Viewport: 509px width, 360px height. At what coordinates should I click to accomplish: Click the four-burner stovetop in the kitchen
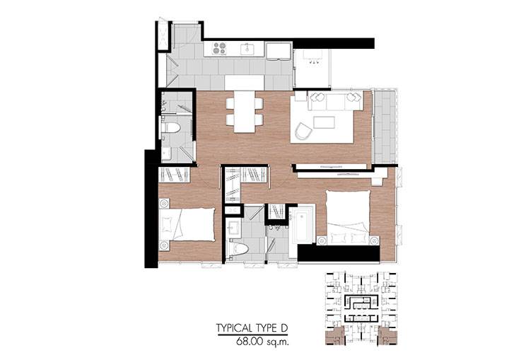coord(219,48)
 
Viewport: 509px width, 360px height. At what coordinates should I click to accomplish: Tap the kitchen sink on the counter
coord(247,49)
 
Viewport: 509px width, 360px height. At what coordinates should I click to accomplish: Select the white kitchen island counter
coord(244,83)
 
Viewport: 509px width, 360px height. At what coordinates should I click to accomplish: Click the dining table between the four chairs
coord(244,112)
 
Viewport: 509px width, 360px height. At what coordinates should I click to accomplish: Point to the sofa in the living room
coord(335,101)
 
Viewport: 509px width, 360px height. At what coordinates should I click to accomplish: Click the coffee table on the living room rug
coord(324,122)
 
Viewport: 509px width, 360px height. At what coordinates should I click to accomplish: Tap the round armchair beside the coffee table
coord(303,132)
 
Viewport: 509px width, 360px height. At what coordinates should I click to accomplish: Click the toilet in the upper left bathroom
coord(171,127)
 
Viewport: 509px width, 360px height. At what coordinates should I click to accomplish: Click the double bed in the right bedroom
coord(349,217)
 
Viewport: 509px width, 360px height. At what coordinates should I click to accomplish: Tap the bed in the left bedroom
coord(187,224)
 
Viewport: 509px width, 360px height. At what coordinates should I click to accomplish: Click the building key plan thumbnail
coord(361,308)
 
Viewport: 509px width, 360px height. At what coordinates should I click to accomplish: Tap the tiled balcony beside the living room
coord(385,127)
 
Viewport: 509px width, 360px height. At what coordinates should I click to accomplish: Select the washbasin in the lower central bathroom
coord(233,226)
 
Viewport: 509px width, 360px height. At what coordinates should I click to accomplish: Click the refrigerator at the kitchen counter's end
coord(279,51)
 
